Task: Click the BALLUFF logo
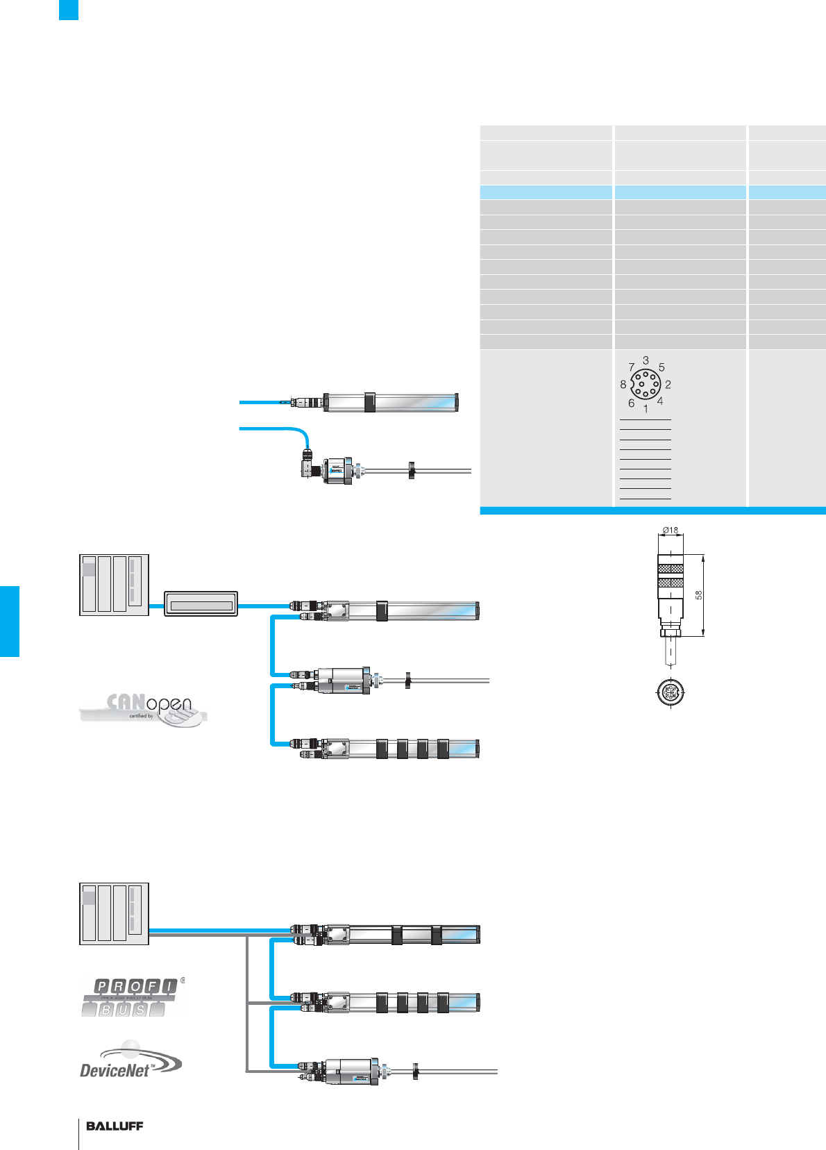click(x=115, y=1126)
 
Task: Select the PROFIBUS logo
click(x=132, y=997)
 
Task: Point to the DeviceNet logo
click(x=130, y=1060)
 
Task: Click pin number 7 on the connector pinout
click(x=631, y=367)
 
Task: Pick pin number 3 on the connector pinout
click(x=646, y=360)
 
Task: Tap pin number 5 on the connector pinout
click(x=661, y=367)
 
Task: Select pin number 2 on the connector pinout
click(x=668, y=384)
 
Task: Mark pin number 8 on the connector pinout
click(x=623, y=384)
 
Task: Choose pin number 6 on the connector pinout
click(x=631, y=403)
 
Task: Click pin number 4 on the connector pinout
click(x=660, y=401)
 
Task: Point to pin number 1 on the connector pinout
click(x=646, y=409)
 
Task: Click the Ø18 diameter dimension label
click(x=670, y=530)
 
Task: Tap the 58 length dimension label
click(x=699, y=595)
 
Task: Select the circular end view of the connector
click(x=671, y=691)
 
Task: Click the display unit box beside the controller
click(x=201, y=604)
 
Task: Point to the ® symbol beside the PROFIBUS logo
click(x=183, y=981)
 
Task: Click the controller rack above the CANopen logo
click(x=115, y=585)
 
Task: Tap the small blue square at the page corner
click(x=68, y=10)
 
